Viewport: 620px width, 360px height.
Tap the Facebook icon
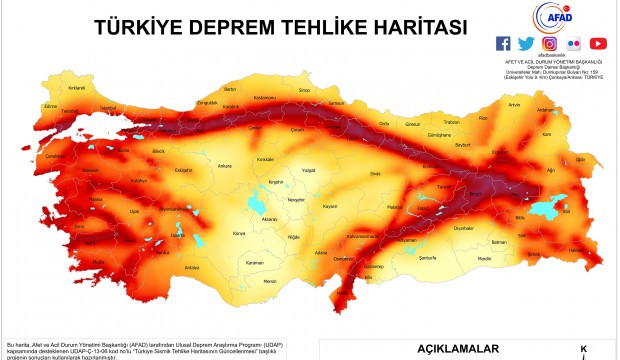coord(503,43)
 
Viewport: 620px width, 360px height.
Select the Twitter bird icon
coord(526,43)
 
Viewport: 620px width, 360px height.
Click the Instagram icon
coord(550,43)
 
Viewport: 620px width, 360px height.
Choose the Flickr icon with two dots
coord(573,43)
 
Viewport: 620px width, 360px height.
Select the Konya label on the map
coord(238,234)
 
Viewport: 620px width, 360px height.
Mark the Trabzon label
coord(451,122)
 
